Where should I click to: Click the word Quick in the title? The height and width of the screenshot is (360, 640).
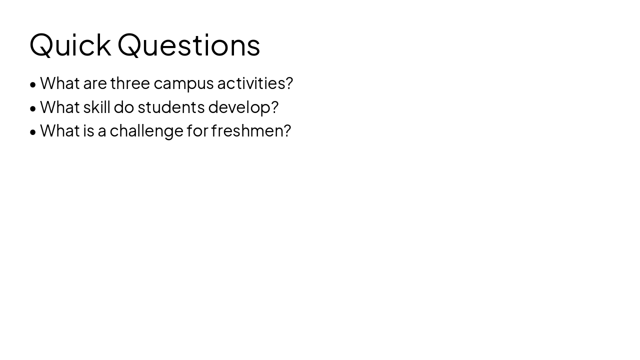70,45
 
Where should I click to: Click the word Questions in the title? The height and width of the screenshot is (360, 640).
189,45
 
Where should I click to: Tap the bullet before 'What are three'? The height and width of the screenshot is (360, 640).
33,84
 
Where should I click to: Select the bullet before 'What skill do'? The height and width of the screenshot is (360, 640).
33,108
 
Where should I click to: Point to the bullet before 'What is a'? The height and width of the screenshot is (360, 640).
33,132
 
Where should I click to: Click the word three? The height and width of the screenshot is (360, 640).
130,83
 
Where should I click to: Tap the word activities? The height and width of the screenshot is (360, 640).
250,83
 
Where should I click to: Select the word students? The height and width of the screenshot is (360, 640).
171,107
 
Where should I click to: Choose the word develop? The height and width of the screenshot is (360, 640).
239,107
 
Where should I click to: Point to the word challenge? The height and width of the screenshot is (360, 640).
146,131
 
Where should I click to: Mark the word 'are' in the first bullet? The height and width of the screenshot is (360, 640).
95,83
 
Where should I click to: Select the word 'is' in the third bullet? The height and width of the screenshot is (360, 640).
88,130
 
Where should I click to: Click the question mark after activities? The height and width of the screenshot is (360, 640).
289,83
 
